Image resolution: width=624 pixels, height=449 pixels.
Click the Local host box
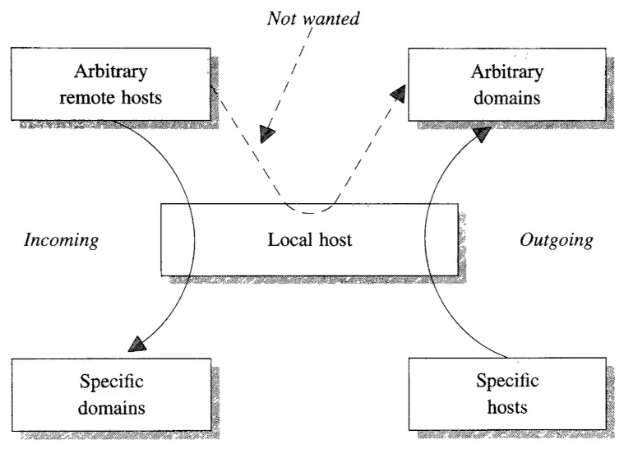point(309,239)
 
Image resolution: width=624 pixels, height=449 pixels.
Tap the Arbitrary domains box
point(506,84)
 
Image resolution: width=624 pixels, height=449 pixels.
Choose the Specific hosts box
point(507,393)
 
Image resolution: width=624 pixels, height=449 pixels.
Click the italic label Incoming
point(62,241)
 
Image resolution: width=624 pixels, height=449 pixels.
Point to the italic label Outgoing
point(556,241)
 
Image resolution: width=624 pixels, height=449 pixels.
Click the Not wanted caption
point(313,18)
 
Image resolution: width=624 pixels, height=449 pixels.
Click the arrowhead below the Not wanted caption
point(266,134)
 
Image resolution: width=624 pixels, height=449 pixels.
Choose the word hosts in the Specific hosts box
point(507,406)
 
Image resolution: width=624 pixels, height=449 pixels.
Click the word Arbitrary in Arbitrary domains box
point(506,72)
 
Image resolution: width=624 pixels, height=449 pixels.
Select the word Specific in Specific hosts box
point(507,382)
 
